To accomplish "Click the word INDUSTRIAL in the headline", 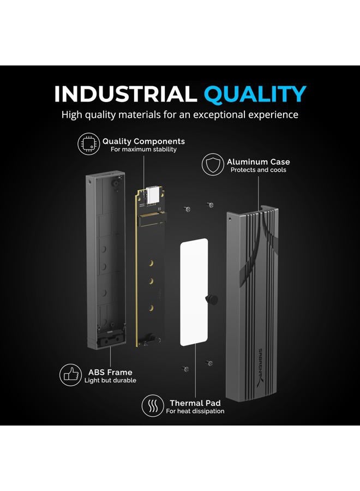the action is click(125, 94).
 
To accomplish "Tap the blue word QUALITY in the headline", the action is click(255, 94).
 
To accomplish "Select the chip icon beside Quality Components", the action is click(88, 143).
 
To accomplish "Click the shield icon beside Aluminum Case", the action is click(213, 164).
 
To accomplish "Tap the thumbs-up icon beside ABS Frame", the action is click(71, 375).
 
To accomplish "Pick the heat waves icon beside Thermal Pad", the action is click(153, 406).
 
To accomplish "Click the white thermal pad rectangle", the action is click(194, 292).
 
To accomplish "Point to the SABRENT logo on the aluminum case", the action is click(262, 367).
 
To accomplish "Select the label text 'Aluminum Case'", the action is click(258, 162).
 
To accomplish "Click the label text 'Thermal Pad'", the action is click(195, 403).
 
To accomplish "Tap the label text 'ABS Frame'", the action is click(110, 372).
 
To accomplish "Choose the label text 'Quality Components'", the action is click(143, 141).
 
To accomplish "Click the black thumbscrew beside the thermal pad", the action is click(212, 299).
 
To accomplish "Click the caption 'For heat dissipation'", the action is click(195, 411).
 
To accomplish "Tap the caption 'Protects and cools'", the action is click(258, 170).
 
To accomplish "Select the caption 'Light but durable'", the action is click(110, 380).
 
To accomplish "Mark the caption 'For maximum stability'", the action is click(143, 149).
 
